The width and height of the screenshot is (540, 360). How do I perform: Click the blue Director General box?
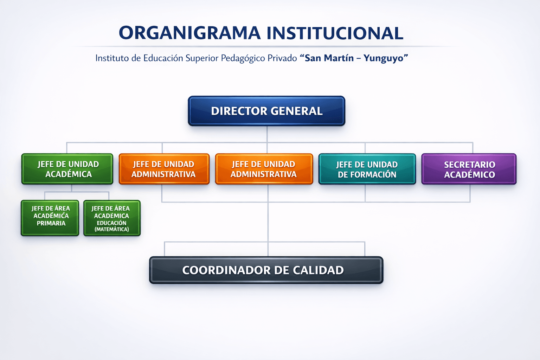pos(266,111)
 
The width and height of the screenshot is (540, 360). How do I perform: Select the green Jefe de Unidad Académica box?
pos(67,169)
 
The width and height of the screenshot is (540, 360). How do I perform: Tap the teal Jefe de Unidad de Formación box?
pos(367,169)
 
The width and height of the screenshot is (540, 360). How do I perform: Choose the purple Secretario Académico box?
pos(469,169)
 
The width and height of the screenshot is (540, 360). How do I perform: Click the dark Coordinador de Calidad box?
pos(266,270)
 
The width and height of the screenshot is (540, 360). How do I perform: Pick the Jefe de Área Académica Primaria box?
pos(50,218)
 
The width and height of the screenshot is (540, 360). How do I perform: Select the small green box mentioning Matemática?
pos(112,218)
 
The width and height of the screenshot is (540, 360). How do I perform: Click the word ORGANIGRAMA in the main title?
pos(189,33)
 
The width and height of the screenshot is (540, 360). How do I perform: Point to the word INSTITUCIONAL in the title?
pos(335,33)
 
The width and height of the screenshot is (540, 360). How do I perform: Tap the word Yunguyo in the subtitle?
pos(384,58)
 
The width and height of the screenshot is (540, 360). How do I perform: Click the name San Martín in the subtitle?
pos(329,58)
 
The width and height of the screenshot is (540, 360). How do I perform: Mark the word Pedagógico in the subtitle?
pos(243,58)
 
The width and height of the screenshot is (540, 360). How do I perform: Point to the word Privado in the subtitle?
pos(282,58)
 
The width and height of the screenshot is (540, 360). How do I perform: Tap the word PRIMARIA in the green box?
pos(51,223)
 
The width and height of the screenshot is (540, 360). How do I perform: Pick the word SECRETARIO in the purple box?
pos(469,165)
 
